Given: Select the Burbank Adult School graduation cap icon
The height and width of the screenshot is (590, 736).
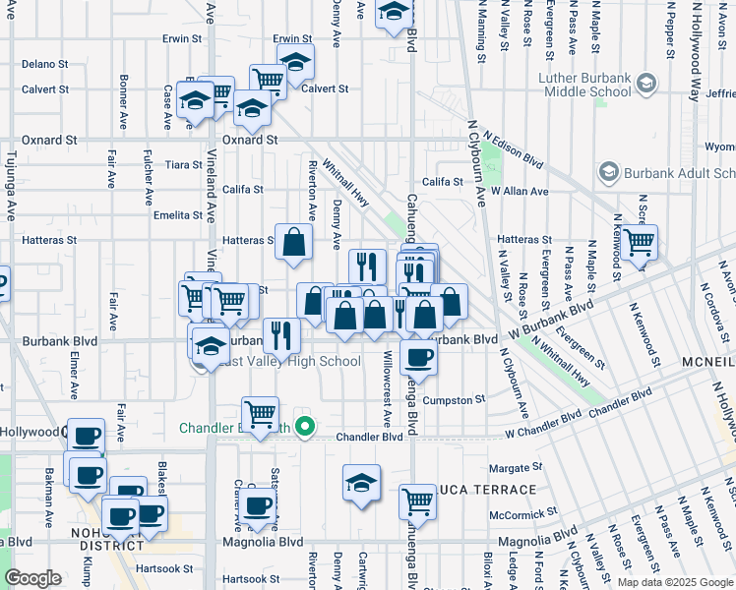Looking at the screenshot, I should pos(608,172).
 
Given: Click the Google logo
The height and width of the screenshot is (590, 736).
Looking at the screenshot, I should pos(33,578).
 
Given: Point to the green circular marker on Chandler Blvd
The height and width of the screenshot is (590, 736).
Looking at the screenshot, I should pos(305,427).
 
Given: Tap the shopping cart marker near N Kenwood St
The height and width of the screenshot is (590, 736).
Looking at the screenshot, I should pos(640,240).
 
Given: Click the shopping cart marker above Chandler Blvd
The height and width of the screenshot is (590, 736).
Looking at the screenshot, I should pos(260,414).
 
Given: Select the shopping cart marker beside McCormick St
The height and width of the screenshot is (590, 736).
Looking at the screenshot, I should pos(418,501).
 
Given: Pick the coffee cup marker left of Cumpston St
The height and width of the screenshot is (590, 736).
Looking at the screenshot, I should pos(418,359).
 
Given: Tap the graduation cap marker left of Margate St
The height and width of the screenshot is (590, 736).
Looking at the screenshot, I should pos(362,483).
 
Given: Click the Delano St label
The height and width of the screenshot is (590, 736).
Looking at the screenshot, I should pos(44,63).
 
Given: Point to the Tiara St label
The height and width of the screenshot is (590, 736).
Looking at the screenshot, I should pos(184,164).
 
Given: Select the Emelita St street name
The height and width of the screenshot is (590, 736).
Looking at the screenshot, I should pos(177,214).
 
